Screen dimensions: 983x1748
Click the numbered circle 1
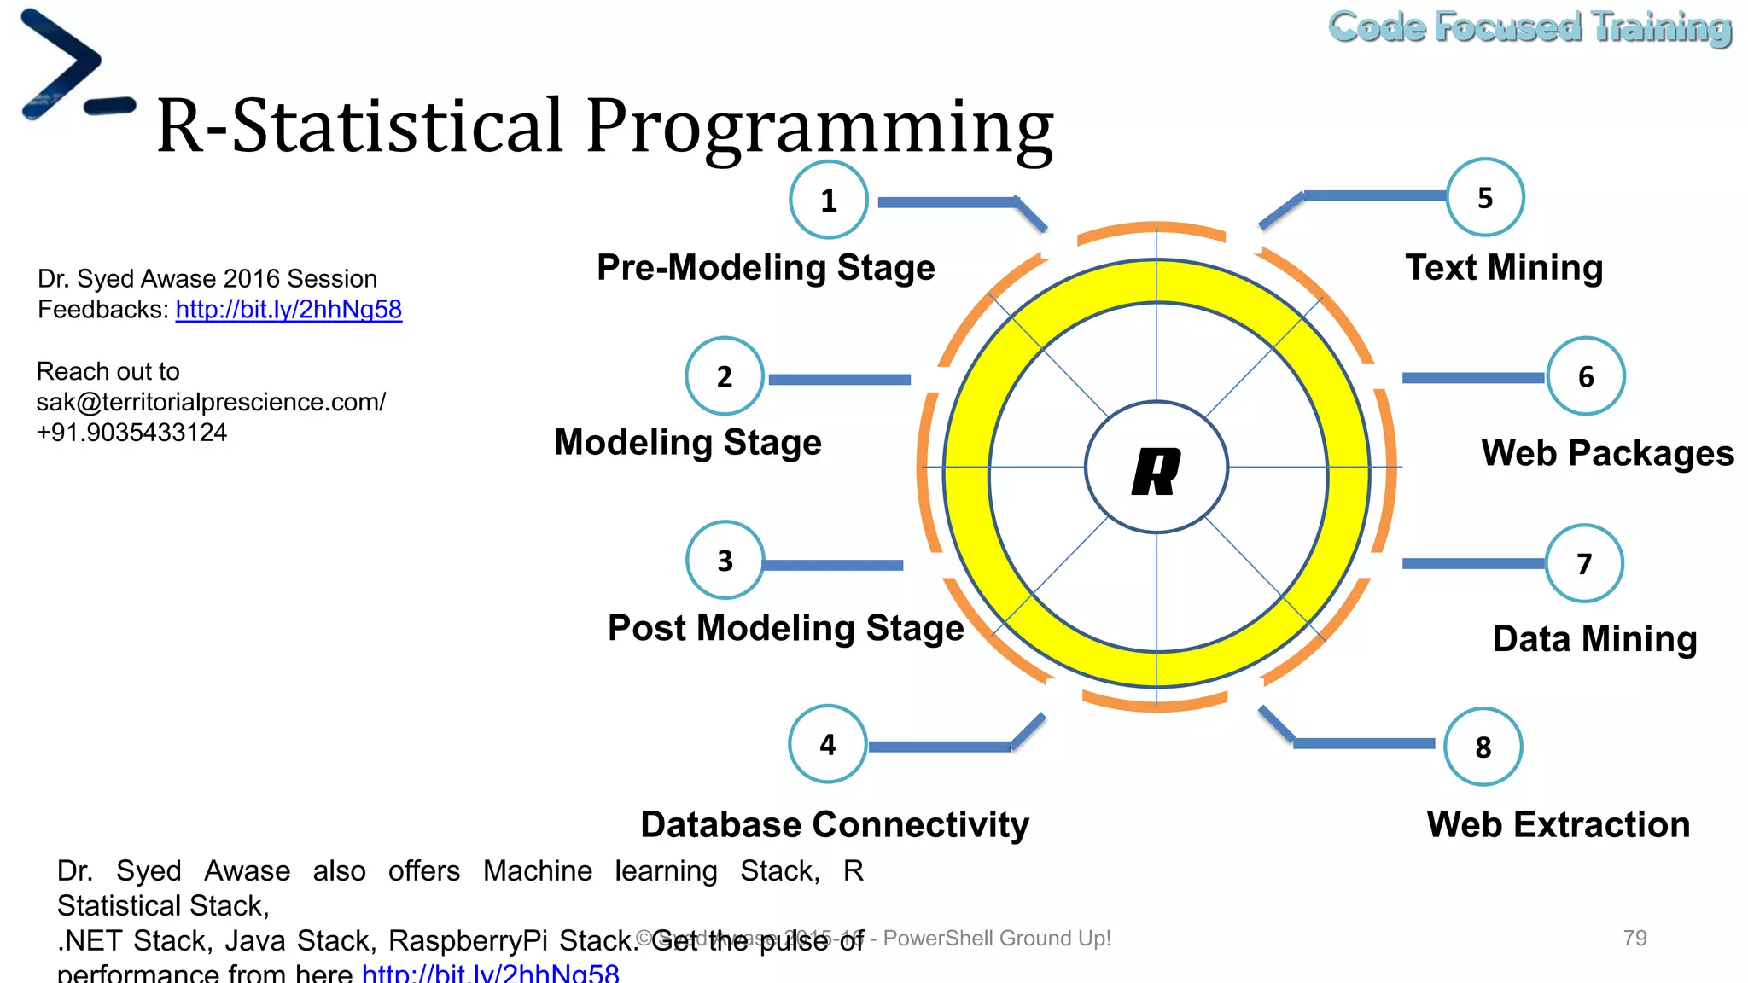coord(828,200)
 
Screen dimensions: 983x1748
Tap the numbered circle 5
coord(1485,197)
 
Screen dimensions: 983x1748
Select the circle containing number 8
coord(1483,747)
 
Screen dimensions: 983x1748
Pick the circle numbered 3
coord(725,560)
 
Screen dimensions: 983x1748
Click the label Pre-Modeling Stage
coord(766,267)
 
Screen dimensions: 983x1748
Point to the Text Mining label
coord(1504,267)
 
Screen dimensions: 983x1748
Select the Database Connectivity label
coord(835,824)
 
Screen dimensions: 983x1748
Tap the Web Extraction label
coord(1558,824)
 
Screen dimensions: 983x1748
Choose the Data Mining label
coord(1594,638)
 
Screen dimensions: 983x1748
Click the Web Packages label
coord(1607,452)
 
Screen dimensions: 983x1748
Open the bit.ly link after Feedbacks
coord(288,309)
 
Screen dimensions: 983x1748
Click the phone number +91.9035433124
coord(131,433)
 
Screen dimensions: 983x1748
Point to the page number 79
coord(1634,938)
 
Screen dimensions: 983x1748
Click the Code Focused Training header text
coord(1529,27)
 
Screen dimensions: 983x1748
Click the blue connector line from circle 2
coord(839,379)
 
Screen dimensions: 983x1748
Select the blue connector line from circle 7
coord(1472,563)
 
